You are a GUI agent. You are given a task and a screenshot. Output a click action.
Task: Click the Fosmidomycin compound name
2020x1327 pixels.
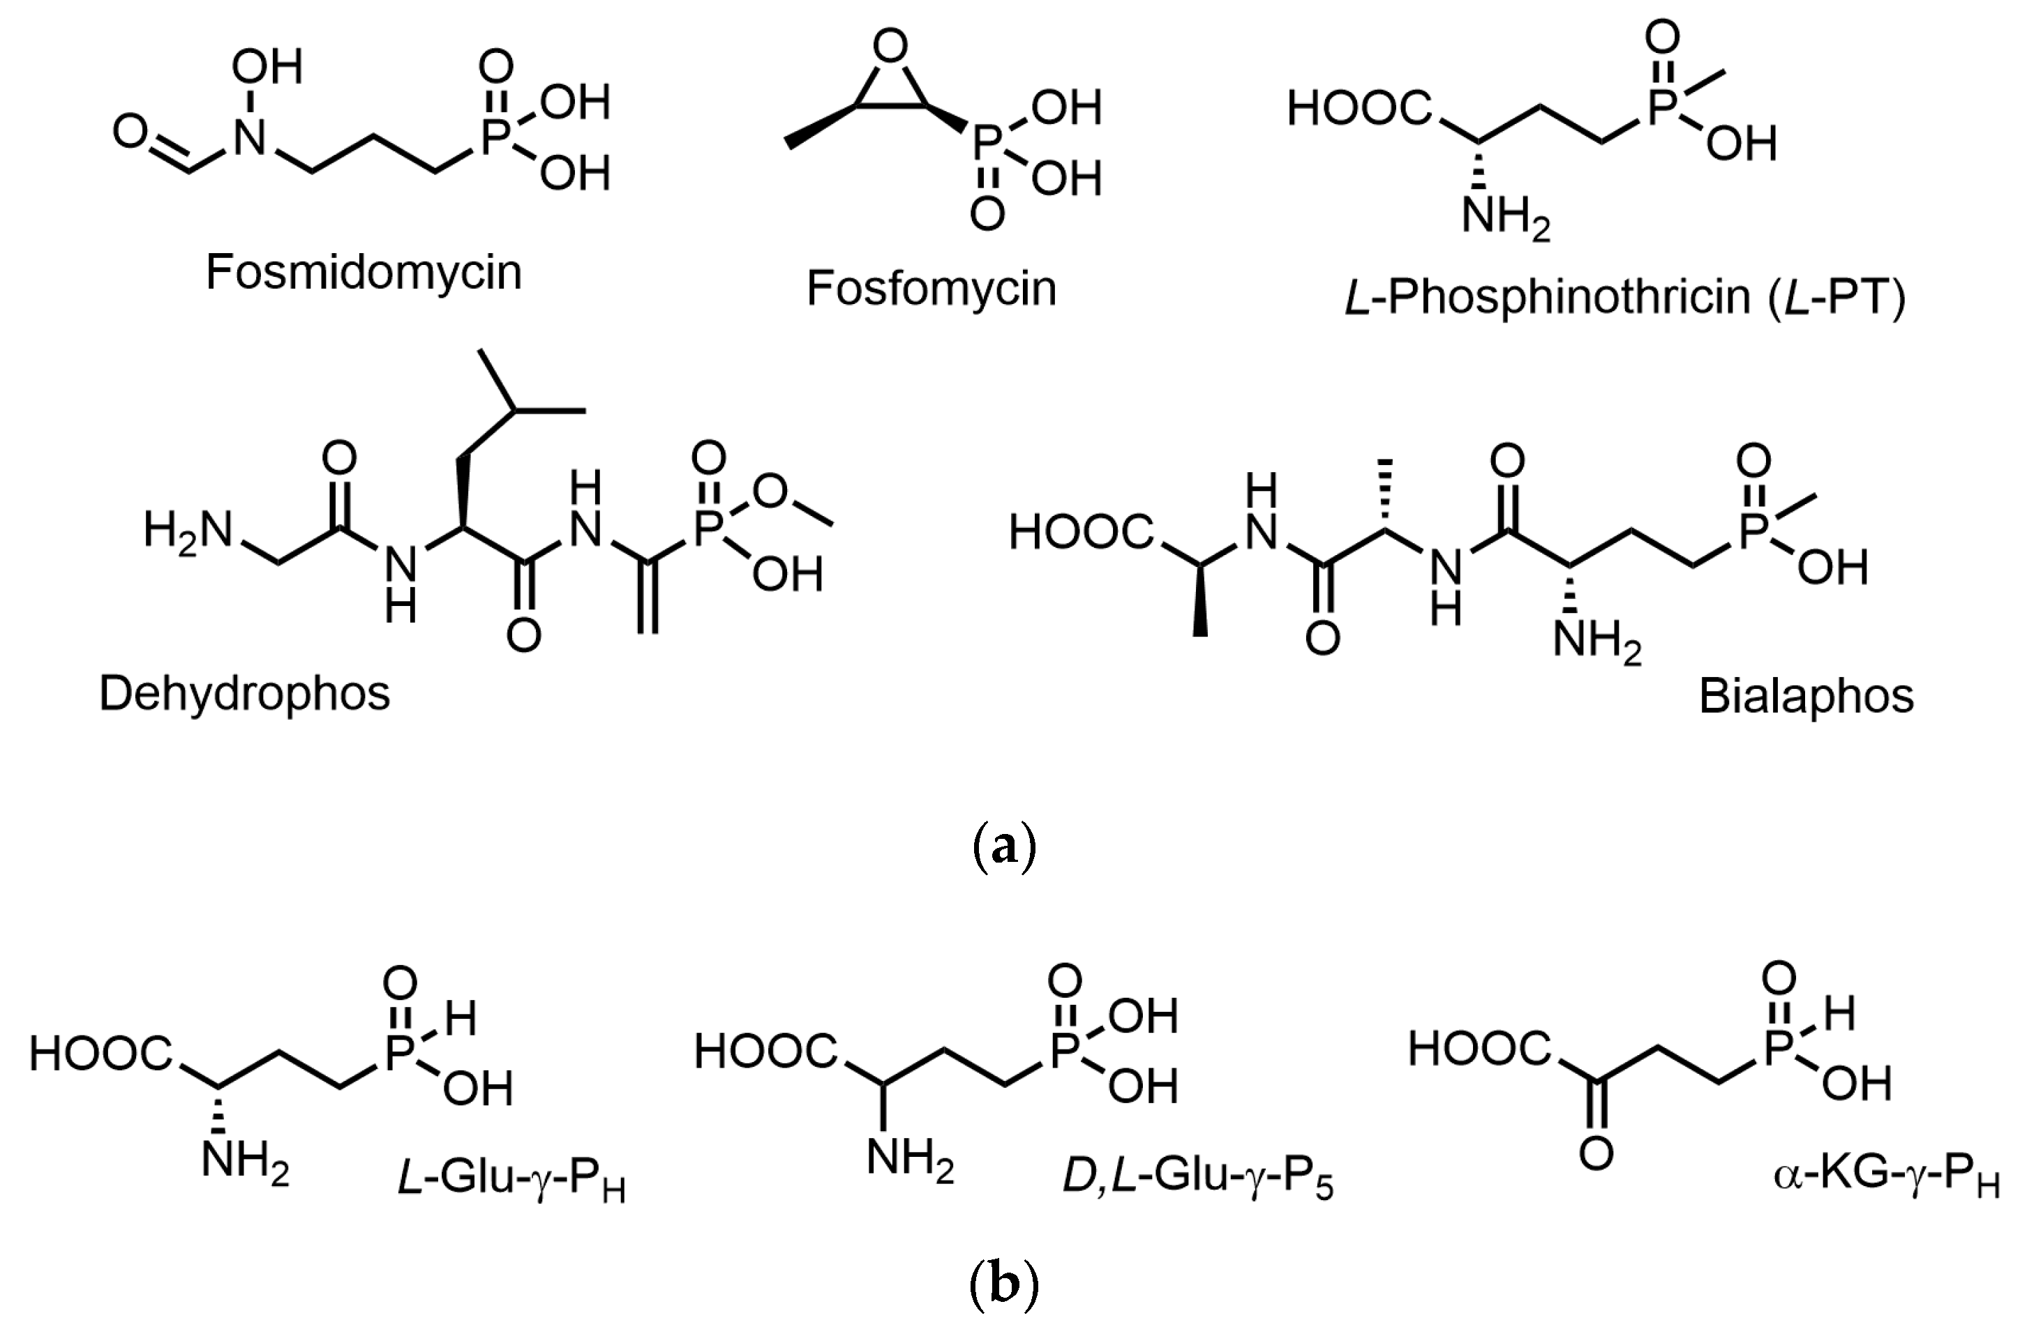(x=364, y=273)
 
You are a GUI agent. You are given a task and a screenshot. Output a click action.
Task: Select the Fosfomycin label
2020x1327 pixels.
(x=931, y=289)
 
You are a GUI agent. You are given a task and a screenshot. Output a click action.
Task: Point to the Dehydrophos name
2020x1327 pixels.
(x=244, y=693)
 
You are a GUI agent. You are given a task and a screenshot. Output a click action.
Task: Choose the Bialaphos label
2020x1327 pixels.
(x=1806, y=696)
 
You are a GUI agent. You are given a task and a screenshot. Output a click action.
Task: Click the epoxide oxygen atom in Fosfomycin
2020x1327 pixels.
(x=890, y=47)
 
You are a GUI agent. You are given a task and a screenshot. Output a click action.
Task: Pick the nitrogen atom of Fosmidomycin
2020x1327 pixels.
(x=250, y=137)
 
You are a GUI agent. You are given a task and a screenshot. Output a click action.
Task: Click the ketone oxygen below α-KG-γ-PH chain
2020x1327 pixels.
(x=1596, y=1154)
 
